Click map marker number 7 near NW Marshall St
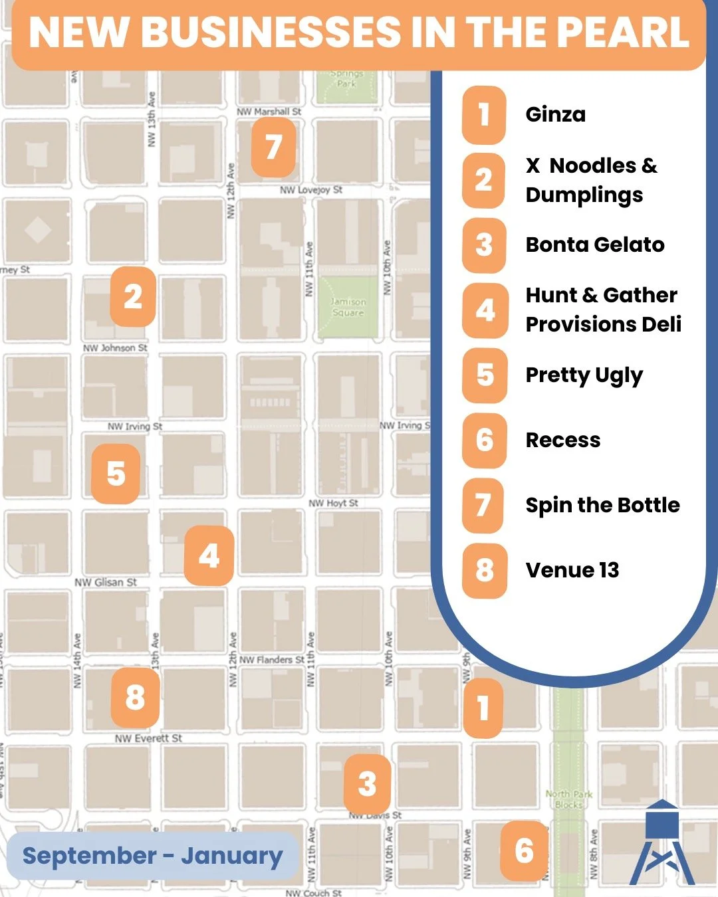coord(273,148)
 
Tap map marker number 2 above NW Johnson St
coord(133,296)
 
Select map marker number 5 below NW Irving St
coord(116,474)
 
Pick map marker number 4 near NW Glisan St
coord(209,556)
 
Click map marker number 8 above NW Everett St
coord(135,698)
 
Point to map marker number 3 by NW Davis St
coord(367,783)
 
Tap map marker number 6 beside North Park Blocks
coord(524,850)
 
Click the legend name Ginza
coord(555,114)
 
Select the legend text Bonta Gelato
coord(594,245)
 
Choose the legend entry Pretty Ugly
coord(584,375)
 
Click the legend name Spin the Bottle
coord(602,505)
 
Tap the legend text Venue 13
coord(572,570)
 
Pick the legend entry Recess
coord(562,440)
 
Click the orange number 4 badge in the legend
coord(485,310)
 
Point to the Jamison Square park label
coord(348,307)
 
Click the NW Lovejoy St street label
coord(311,190)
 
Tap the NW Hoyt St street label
coord(333,503)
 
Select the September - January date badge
coord(152,856)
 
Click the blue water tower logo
coord(662,844)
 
